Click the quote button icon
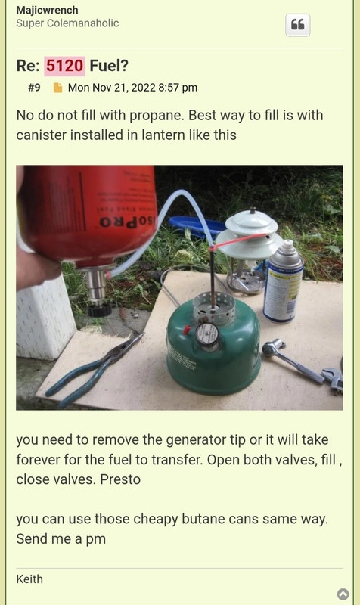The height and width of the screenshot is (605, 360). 297,25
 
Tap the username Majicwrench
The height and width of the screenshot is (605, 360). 47,10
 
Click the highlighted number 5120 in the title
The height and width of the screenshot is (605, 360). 64,66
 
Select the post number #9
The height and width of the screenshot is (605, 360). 34,88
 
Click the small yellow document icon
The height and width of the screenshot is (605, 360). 57,88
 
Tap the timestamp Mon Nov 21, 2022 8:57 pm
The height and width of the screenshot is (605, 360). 133,88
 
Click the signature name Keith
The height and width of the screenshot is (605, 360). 29,579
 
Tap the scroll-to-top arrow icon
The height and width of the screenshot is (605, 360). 343,594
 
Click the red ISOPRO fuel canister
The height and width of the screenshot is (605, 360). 88,214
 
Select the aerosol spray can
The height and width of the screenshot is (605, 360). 283,281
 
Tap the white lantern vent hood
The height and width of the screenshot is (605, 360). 249,234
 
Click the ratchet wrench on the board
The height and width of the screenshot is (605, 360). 292,361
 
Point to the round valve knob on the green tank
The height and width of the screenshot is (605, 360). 207,333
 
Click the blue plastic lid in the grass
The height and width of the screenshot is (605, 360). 197,225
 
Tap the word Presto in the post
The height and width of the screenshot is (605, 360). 120,479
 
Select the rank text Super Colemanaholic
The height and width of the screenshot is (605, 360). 67,23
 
